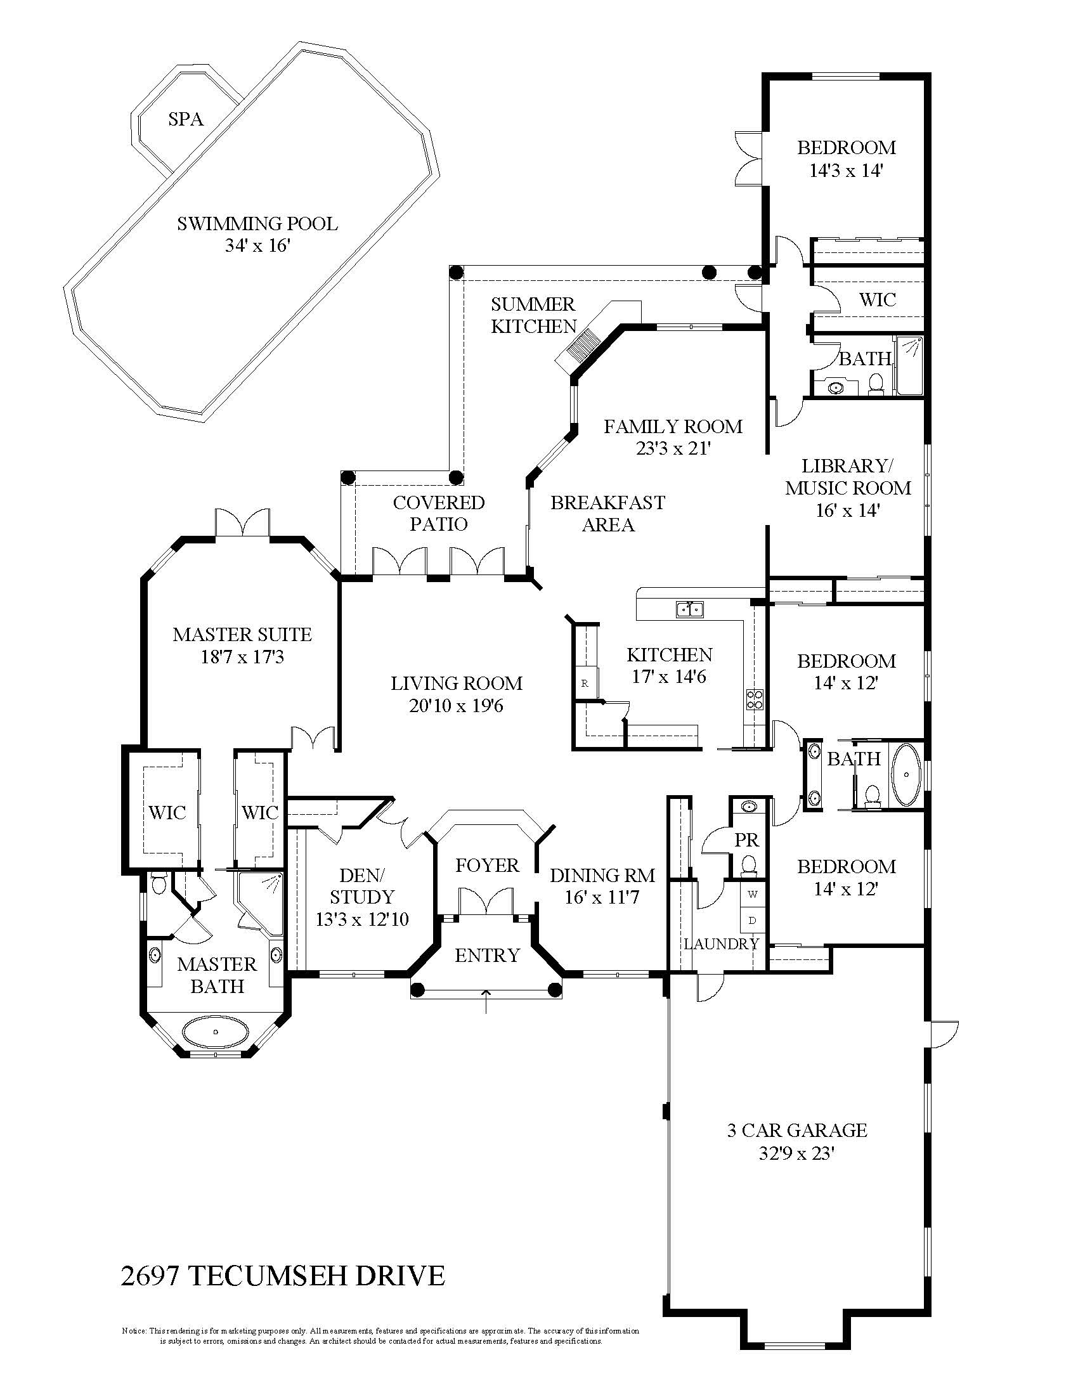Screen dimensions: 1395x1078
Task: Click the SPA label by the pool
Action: click(186, 119)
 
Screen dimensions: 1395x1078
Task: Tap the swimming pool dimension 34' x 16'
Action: click(257, 246)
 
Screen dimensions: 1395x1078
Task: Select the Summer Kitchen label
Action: click(533, 315)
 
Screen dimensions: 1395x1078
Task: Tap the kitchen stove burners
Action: click(754, 700)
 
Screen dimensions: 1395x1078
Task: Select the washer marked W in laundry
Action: click(752, 894)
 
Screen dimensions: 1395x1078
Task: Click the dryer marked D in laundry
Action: click(752, 921)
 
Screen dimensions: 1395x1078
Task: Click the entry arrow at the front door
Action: click(486, 1001)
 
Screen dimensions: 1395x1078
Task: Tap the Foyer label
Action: click(486, 866)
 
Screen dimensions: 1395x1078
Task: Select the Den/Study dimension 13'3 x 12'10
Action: click(362, 919)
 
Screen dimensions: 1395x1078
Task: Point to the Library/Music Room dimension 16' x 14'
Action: click(847, 510)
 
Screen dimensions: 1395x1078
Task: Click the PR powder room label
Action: click(746, 840)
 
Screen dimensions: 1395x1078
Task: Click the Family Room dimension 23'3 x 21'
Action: click(673, 448)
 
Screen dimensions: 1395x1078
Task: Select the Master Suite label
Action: click(242, 634)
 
